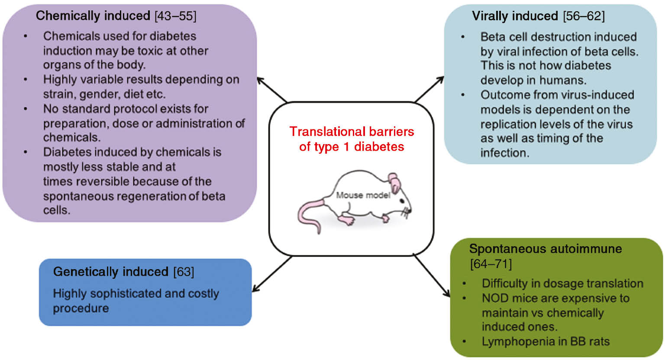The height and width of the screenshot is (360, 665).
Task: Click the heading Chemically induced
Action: (x=93, y=16)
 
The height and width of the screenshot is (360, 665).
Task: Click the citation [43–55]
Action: (x=175, y=16)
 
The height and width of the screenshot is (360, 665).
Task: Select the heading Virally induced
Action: (x=515, y=16)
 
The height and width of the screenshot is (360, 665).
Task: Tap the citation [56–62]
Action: (x=584, y=16)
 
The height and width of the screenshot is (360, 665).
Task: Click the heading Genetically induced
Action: (x=110, y=272)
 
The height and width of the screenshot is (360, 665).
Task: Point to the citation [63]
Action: (x=184, y=272)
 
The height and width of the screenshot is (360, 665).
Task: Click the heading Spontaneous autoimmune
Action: (x=546, y=249)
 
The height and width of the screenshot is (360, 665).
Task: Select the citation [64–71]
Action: (x=491, y=264)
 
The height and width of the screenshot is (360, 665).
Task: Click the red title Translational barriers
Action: (x=352, y=132)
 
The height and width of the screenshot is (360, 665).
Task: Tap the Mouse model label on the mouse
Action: (x=363, y=195)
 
